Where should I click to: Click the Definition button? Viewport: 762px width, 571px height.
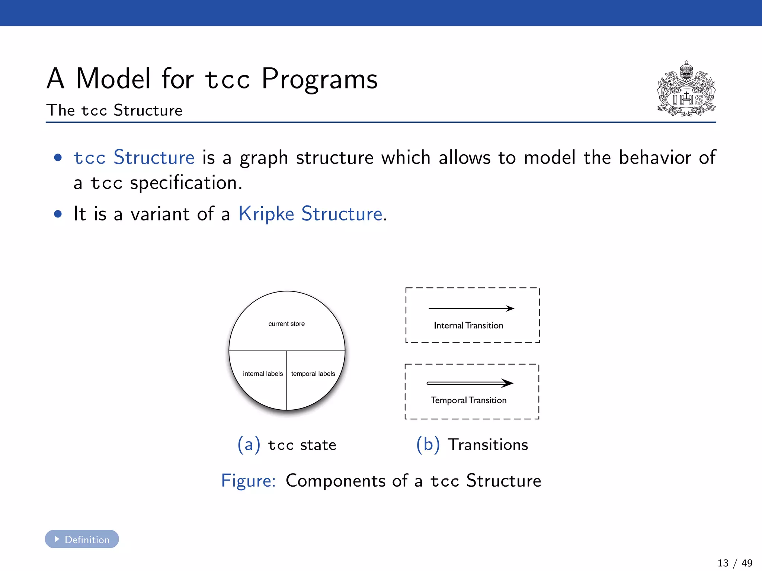[82, 539]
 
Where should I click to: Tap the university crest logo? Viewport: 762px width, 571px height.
[686, 89]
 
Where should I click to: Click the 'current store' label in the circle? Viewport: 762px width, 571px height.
[286, 324]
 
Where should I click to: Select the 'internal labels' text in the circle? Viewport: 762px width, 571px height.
[263, 374]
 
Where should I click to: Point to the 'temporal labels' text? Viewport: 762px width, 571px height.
[313, 374]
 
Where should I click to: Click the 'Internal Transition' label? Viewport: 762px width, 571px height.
[468, 326]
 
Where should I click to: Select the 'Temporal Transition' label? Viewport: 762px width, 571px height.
[468, 400]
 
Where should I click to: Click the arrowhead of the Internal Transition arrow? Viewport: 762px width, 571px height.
[510, 308]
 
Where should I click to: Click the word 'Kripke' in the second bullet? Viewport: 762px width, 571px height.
[266, 214]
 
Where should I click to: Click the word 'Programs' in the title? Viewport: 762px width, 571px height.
[319, 79]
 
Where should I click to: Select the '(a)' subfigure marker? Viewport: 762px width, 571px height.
[249, 445]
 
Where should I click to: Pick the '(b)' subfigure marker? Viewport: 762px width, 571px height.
[428, 445]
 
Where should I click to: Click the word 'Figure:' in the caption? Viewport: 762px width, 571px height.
[248, 481]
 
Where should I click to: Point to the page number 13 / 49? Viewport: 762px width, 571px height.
[734, 563]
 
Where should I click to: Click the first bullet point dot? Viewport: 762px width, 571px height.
[58, 158]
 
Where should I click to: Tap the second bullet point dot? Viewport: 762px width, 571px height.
[58, 214]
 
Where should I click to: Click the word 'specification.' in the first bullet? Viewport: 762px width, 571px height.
[186, 183]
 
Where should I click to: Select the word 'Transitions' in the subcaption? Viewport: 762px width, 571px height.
[488, 445]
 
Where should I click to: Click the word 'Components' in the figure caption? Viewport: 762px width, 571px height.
[335, 481]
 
